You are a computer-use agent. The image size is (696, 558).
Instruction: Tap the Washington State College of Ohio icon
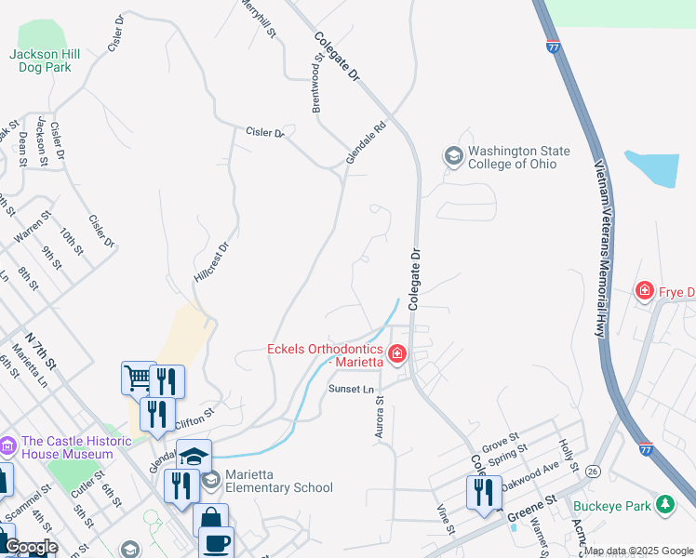click(453, 156)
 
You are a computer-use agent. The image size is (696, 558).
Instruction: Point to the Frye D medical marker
click(644, 292)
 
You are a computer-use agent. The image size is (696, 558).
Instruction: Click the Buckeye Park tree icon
click(664, 504)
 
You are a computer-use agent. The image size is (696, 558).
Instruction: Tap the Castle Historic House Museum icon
click(8, 447)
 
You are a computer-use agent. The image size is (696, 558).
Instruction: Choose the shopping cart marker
click(138, 378)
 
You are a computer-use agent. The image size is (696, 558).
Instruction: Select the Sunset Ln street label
click(350, 388)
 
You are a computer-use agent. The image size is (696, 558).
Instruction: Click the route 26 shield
click(593, 472)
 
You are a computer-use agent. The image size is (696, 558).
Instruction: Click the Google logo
click(31, 547)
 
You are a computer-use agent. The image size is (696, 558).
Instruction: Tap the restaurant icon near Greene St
click(482, 490)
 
